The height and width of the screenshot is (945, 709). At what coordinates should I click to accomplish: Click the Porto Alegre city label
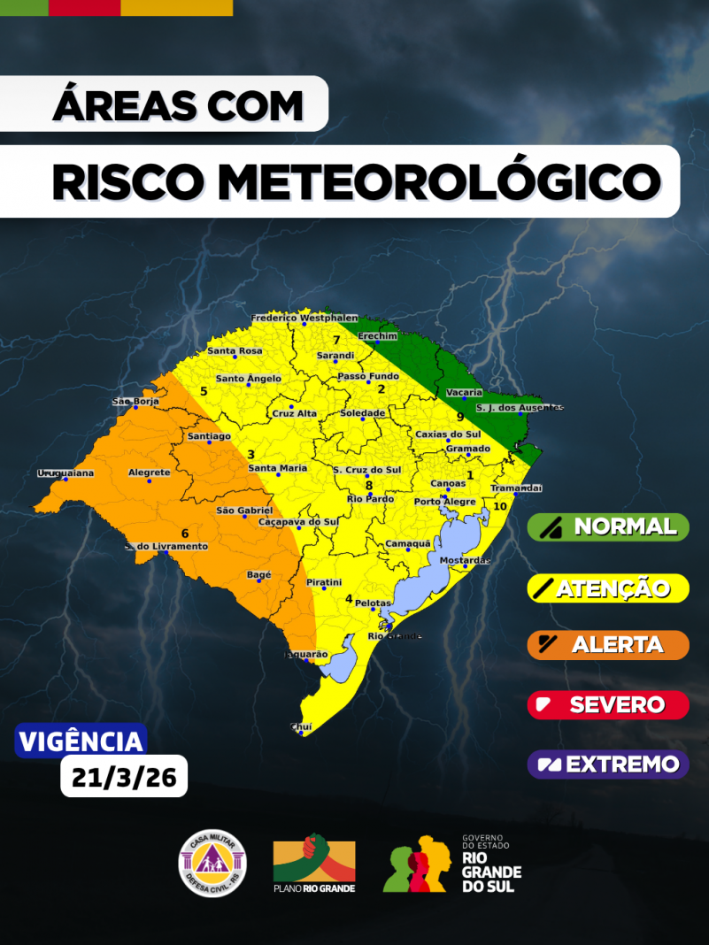pyautogui.click(x=445, y=502)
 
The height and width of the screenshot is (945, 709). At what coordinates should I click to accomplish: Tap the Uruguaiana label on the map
pyautogui.click(x=66, y=473)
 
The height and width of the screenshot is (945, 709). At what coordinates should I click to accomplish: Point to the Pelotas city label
pyautogui.click(x=373, y=603)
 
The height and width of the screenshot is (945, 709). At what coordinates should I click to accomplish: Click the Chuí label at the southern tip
pyautogui.click(x=301, y=726)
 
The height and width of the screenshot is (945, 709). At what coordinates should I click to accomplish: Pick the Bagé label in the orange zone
pyautogui.click(x=259, y=575)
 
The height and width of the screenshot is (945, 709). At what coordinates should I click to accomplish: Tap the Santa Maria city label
pyautogui.click(x=278, y=467)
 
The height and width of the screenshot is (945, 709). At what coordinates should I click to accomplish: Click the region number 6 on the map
pyautogui.click(x=185, y=533)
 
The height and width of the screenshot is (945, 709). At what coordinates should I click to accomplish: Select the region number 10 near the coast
pyautogui.click(x=500, y=506)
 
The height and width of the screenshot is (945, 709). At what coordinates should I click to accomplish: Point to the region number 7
pyautogui.click(x=336, y=341)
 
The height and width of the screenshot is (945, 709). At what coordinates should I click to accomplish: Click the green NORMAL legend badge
pyautogui.click(x=608, y=527)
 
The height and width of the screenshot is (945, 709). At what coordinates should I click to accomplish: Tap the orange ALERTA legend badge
pyautogui.click(x=608, y=645)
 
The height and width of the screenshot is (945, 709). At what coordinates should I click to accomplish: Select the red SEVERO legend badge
pyautogui.click(x=608, y=705)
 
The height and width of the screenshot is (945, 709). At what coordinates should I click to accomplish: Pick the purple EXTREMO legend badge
pyautogui.click(x=608, y=764)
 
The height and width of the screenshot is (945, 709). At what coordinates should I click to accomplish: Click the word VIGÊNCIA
pyautogui.click(x=81, y=741)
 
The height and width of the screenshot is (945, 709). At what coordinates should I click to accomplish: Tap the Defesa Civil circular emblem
pyautogui.click(x=213, y=862)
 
